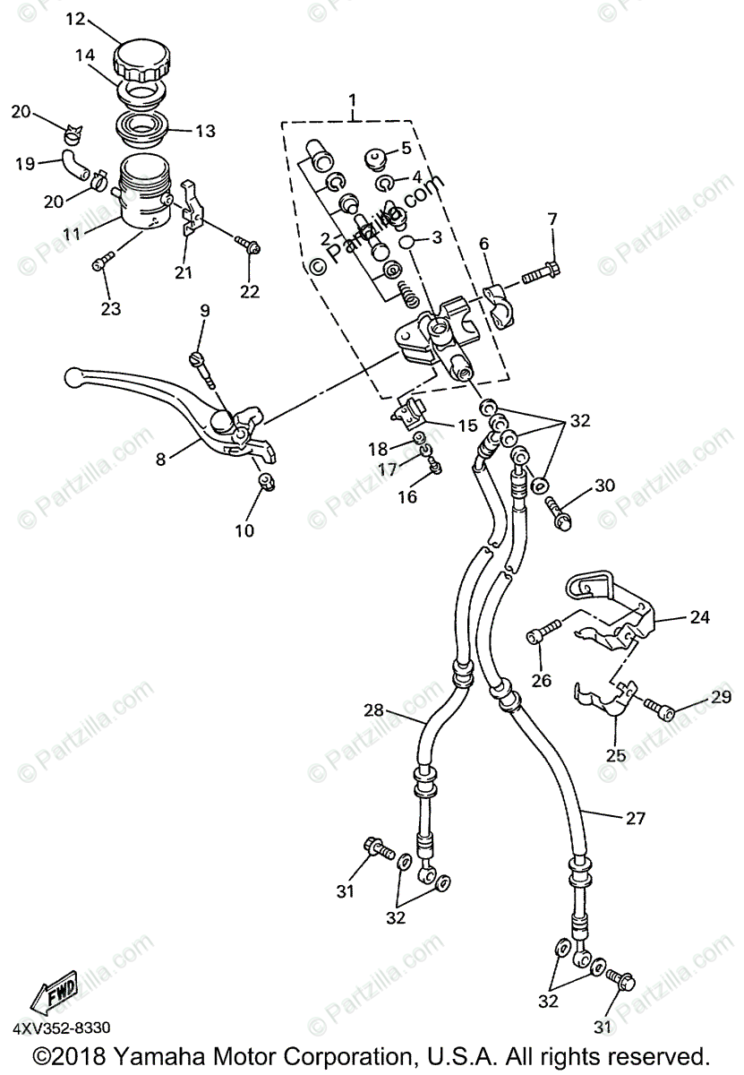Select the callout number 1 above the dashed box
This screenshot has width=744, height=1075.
click(x=353, y=99)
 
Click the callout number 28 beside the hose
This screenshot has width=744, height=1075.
click(x=373, y=709)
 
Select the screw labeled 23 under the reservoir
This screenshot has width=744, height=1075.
click(x=103, y=261)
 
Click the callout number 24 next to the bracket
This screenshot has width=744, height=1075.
click(x=698, y=616)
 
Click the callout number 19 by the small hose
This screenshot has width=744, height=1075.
click(x=24, y=163)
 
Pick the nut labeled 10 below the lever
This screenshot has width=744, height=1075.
click(x=266, y=484)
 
